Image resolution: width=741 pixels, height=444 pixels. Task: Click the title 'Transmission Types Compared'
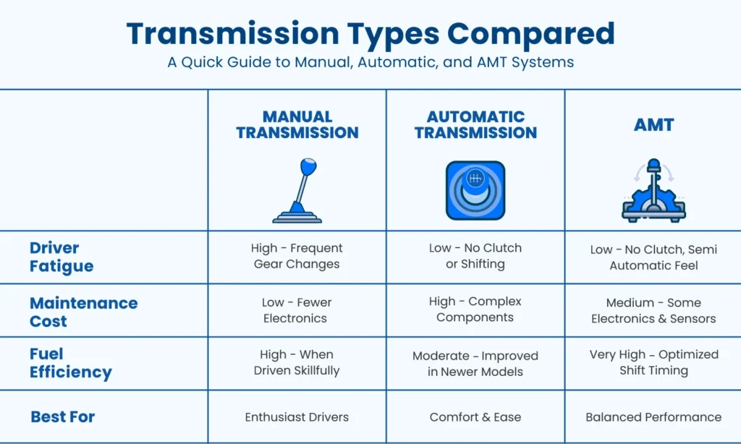coord(370,33)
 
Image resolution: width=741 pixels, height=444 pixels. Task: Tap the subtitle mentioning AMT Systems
coord(370,62)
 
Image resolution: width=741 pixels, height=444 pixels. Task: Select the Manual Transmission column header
coord(297,124)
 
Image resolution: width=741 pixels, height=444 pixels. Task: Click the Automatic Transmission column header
coord(475,124)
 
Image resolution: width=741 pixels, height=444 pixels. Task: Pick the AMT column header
coord(653,124)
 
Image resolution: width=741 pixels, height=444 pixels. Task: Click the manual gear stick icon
coord(297,190)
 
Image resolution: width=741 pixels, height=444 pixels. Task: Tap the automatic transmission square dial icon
coord(475,190)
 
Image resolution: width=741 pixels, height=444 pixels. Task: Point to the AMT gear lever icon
coord(653,190)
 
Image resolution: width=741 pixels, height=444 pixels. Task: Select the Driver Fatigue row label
coord(62,257)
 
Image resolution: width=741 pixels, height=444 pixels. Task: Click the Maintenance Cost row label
coord(83,311)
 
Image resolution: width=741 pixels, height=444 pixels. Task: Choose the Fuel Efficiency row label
coord(71,363)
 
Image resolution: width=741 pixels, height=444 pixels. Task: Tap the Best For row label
coord(63,417)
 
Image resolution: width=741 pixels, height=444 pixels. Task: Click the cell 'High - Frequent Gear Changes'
coord(297,256)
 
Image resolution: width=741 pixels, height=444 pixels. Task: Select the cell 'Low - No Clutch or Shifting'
coord(475,256)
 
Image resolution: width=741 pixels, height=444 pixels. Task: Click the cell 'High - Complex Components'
coord(475,309)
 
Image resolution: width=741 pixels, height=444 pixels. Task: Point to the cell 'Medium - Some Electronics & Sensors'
coord(653,310)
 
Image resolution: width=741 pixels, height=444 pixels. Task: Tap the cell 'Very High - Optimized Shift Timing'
coord(653,362)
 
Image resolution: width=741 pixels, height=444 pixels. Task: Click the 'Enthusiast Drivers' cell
coord(297,417)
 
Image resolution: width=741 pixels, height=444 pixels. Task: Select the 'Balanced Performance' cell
coord(653,417)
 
